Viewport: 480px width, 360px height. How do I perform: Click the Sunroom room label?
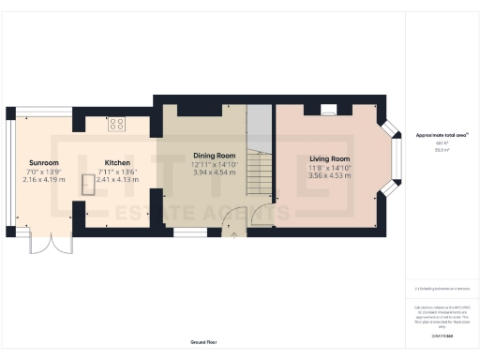[x=44, y=162]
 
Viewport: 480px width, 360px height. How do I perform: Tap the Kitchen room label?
[x=117, y=162]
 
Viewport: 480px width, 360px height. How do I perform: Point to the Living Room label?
[x=330, y=159]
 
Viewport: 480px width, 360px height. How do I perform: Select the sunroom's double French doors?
[x=44, y=241]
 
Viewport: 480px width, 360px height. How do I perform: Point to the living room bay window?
[x=395, y=156]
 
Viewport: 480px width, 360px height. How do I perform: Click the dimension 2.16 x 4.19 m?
[x=44, y=179]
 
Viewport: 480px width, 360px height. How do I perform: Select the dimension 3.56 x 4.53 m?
[x=330, y=175]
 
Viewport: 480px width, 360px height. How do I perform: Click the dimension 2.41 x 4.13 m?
[x=117, y=179]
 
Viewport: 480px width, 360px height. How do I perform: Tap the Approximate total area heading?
[x=442, y=135]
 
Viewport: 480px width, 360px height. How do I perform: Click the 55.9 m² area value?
[x=442, y=149]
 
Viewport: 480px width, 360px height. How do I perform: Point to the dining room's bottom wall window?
[x=190, y=230]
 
